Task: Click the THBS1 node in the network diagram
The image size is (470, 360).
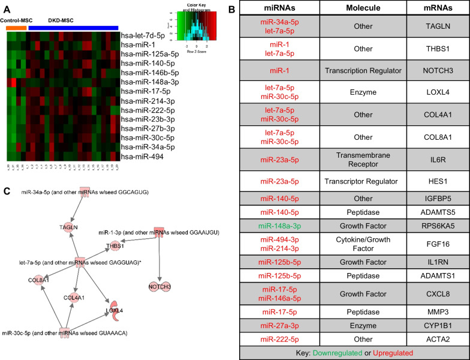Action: [115, 245]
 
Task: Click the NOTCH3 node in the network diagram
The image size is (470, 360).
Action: [160, 287]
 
